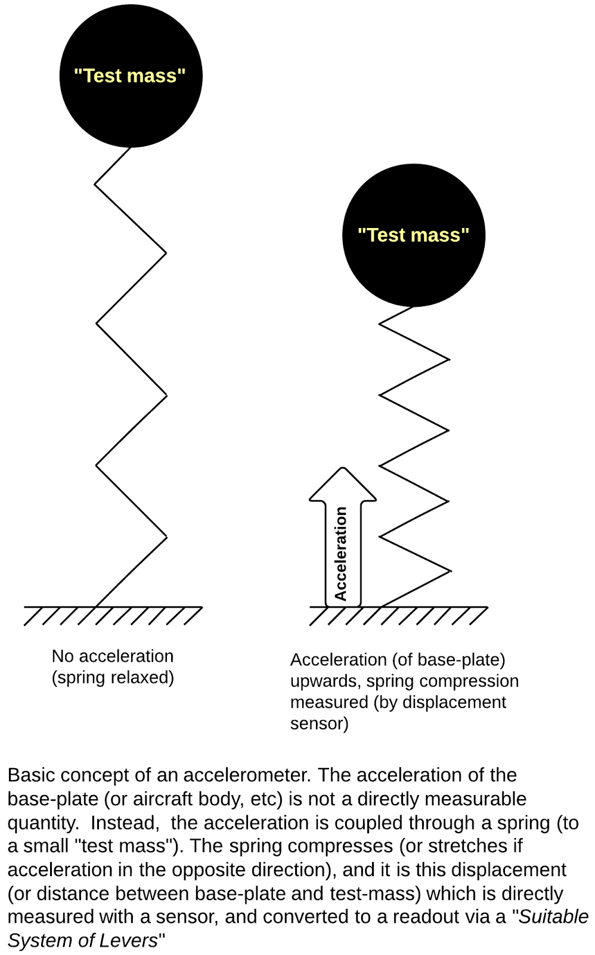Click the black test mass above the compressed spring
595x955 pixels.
pos(413,263)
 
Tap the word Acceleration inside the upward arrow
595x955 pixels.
pos(341,553)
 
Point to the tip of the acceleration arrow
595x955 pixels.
pos(342,469)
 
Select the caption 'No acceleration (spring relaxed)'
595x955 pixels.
pos(113,667)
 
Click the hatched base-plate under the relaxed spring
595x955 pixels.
pos(113,615)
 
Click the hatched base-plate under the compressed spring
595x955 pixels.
pos(398,615)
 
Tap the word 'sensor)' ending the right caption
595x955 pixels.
pos(319,723)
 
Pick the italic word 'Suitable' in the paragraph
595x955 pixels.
pos(553,917)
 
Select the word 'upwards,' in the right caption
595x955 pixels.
pos(326,681)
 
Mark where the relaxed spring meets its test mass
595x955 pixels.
pos(130,147)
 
